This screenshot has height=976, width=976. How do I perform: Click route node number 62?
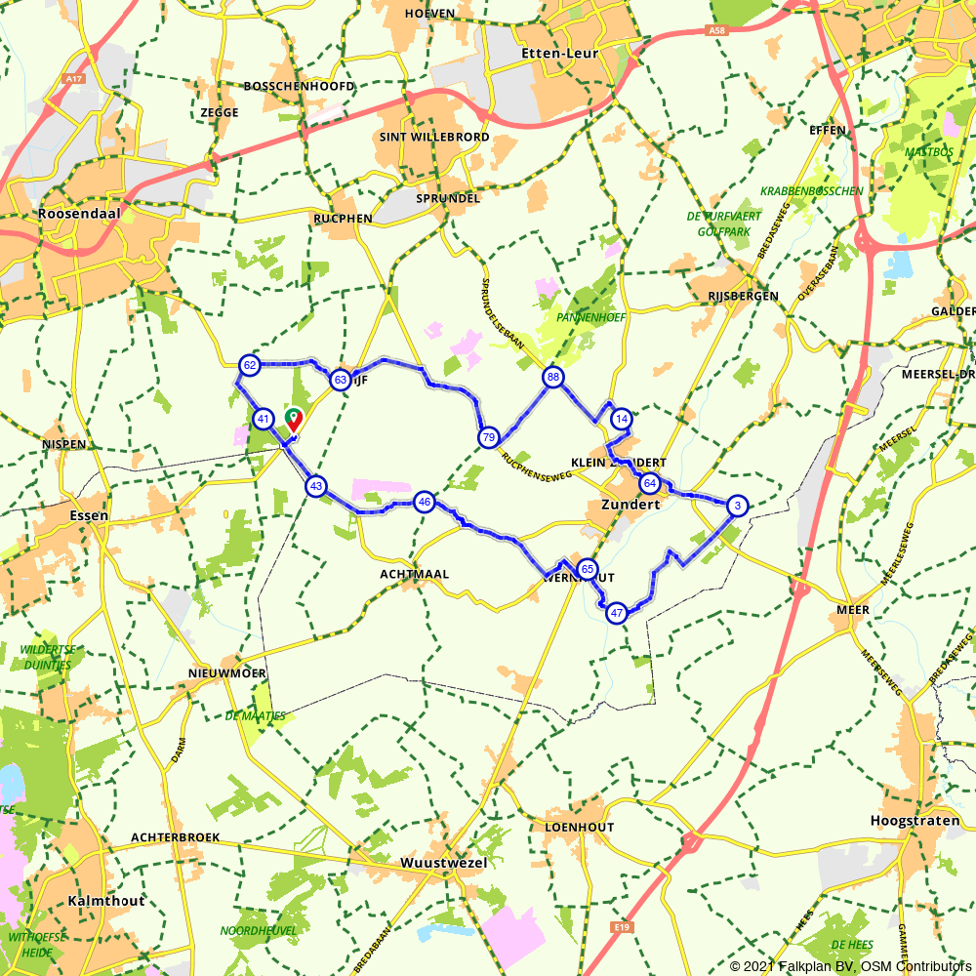click(250, 365)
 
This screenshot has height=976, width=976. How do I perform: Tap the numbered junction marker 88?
click(553, 378)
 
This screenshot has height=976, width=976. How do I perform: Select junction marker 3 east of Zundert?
click(738, 505)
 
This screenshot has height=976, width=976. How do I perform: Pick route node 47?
click(616, 613)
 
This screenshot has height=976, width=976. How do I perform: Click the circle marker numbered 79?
click(489, 437)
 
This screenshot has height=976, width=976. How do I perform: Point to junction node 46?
click(424, 503)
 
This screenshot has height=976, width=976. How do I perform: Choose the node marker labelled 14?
click(621, 419)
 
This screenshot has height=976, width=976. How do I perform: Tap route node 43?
click(315, 485)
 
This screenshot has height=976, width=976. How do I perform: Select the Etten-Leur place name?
click(560, 53)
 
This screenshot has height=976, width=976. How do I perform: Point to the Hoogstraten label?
click(915, 821)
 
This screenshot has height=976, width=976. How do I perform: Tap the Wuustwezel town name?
click(443, 863)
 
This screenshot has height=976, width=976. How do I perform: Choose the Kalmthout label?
click(106, 900)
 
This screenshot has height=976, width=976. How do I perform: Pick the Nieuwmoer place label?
click(227, 673)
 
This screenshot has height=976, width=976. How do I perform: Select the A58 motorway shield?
click(717, 32)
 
